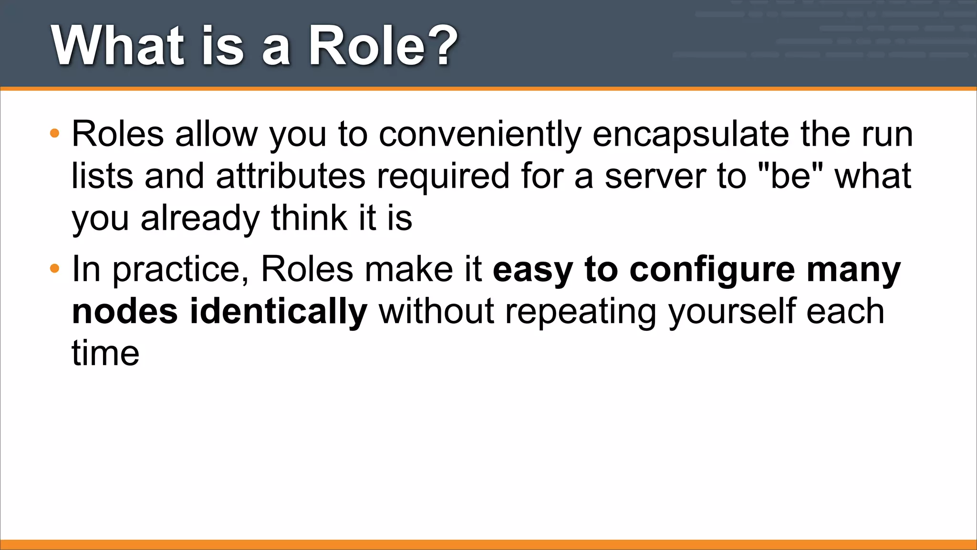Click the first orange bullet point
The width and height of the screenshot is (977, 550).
point(55,133)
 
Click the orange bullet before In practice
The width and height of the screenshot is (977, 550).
point(55,269)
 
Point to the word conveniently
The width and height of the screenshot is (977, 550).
point(480,135)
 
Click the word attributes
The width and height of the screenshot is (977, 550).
point(291,176)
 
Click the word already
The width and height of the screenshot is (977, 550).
point(200,218)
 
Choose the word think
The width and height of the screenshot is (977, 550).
point(309,218)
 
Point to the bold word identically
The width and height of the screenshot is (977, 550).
point(279,312)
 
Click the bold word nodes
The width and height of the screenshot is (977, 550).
point(125,312)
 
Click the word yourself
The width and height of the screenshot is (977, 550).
point(731,312)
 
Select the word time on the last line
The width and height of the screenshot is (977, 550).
point(105,353)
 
